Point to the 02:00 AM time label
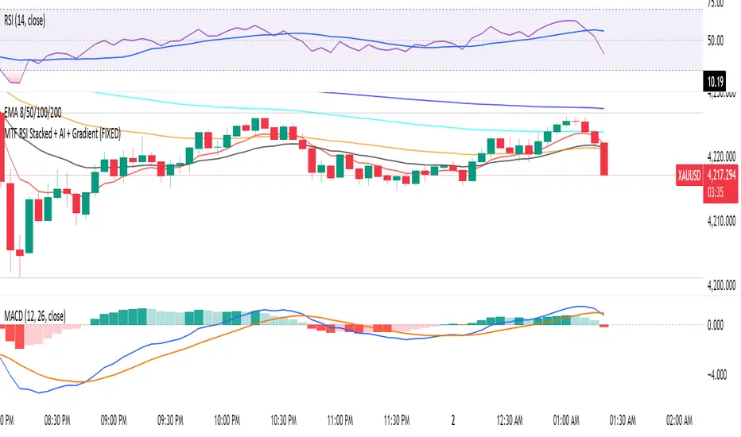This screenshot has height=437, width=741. pos(678,416)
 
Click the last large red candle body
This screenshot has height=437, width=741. pos(604,159)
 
